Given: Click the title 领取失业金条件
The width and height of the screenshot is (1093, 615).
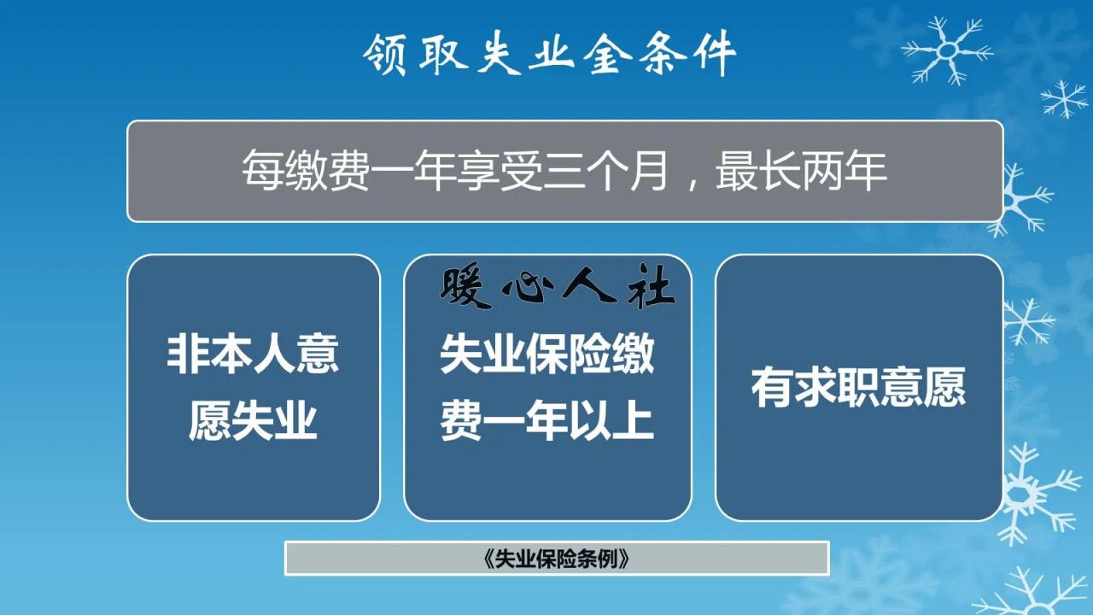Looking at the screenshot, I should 549,56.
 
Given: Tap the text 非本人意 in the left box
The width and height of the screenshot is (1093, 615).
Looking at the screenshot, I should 253,354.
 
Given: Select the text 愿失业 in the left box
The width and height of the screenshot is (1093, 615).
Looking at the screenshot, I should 253,420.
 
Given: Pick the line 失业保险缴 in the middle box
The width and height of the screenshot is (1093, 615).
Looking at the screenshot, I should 547,354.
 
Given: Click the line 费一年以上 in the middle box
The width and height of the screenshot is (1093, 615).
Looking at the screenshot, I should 547,420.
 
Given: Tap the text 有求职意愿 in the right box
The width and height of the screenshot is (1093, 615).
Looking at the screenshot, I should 858,387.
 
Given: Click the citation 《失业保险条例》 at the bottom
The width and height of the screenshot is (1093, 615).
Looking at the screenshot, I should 556,559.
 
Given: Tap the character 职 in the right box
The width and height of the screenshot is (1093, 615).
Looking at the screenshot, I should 858,387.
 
